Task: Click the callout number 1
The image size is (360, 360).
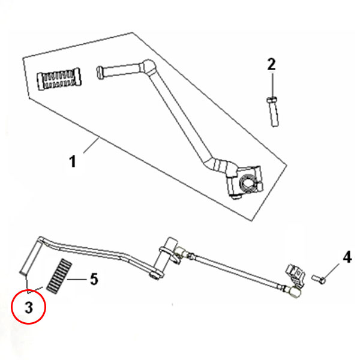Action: tap(73, 161)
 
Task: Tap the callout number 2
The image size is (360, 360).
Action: tap(271, 64)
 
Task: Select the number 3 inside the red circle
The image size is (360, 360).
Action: tap(28, 308)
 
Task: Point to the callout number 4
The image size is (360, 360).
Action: tap(346, 258)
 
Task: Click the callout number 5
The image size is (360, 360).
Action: tap(93, 279)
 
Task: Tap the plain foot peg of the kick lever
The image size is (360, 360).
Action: tap(117, 71)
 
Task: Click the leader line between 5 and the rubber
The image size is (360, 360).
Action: tap(78, 279)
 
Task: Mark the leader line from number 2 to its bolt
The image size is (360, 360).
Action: tap(272, 83)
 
